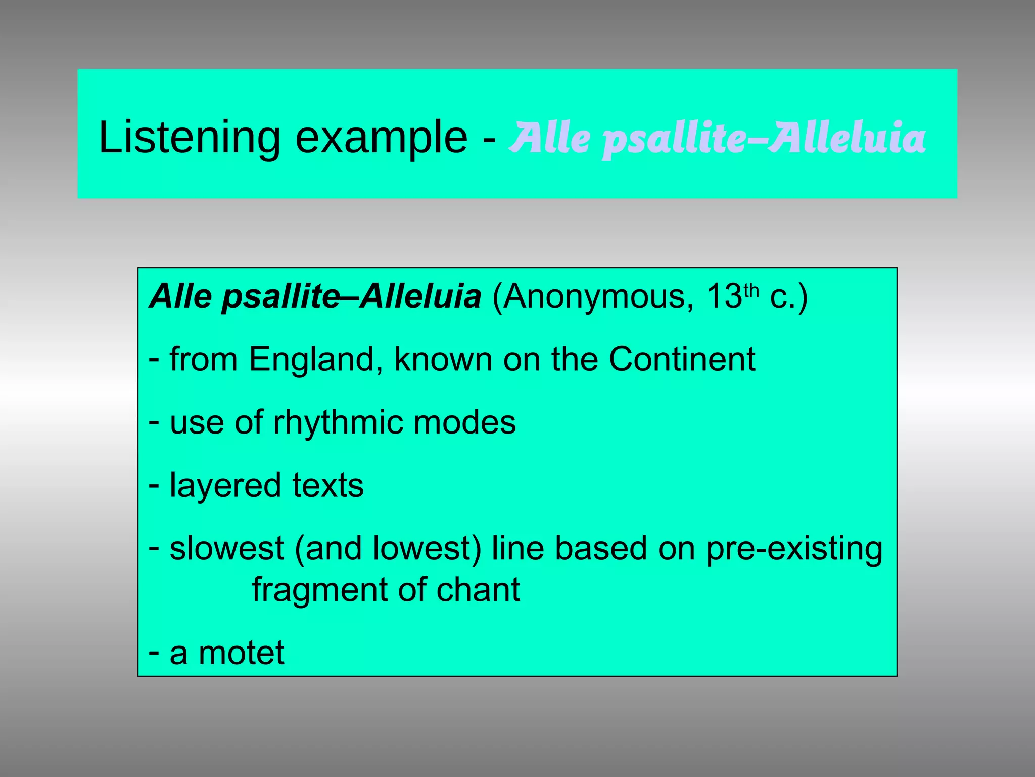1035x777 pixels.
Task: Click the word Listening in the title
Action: coord(189,138)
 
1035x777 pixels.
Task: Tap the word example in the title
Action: coord(381,138)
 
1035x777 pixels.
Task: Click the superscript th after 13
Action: coord(751,290)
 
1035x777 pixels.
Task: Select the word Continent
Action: coord(682,359)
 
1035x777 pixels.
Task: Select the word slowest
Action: coord(227,548)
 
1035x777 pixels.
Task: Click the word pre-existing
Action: coord(794,549)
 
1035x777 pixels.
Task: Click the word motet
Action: coord(241,653)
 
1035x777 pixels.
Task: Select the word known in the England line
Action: coord(443,359)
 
